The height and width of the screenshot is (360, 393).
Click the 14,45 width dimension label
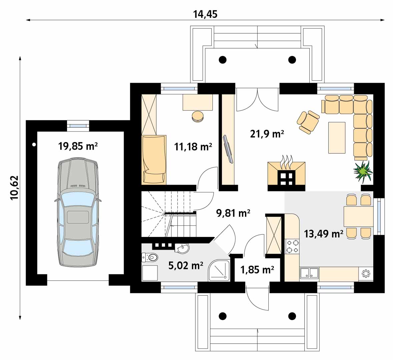coord(205,14)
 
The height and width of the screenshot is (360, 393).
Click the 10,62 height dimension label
coord(15,187)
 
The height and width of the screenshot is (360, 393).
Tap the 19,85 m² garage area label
coord(78,146)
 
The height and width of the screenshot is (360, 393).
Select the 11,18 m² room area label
coord(193,146)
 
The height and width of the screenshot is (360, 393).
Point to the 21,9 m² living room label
coord(267,134)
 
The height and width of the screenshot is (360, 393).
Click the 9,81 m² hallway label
coord(233,213)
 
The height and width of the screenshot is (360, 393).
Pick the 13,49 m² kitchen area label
coord(323,234)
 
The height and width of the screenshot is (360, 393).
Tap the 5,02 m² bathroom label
coord(186,265)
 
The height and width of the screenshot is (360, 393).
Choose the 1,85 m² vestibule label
coord(257,270)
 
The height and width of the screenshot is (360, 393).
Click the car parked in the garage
coord(78,212)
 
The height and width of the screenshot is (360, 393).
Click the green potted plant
coord(363,171)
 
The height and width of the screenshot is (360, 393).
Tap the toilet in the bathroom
coord(150,257)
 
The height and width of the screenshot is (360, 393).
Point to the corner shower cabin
coord(219,270)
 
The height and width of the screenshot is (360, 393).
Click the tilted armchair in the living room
coord(308,122)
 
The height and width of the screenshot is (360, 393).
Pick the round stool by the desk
coord(198,116)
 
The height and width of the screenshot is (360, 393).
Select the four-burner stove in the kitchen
coord(292,246)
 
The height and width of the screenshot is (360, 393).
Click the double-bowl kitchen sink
coord(309,273)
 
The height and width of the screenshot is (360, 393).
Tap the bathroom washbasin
coord(182,248)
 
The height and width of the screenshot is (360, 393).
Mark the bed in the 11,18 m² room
coord(154,159)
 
